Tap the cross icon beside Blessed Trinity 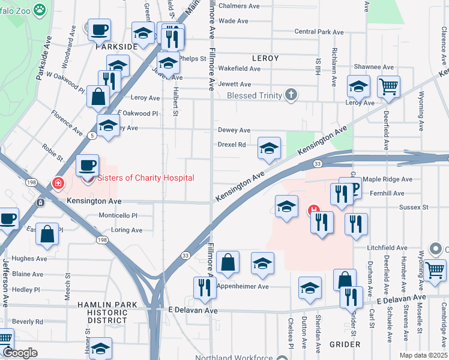[x=291, y=95]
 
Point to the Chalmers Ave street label [x=238, y=6]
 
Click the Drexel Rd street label [x=232, y=145]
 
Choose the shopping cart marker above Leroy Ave [x=388, y=86]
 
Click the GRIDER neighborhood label [x=345, y=344]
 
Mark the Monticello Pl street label [x=118, y=215]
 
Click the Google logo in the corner [x=20, y=353]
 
